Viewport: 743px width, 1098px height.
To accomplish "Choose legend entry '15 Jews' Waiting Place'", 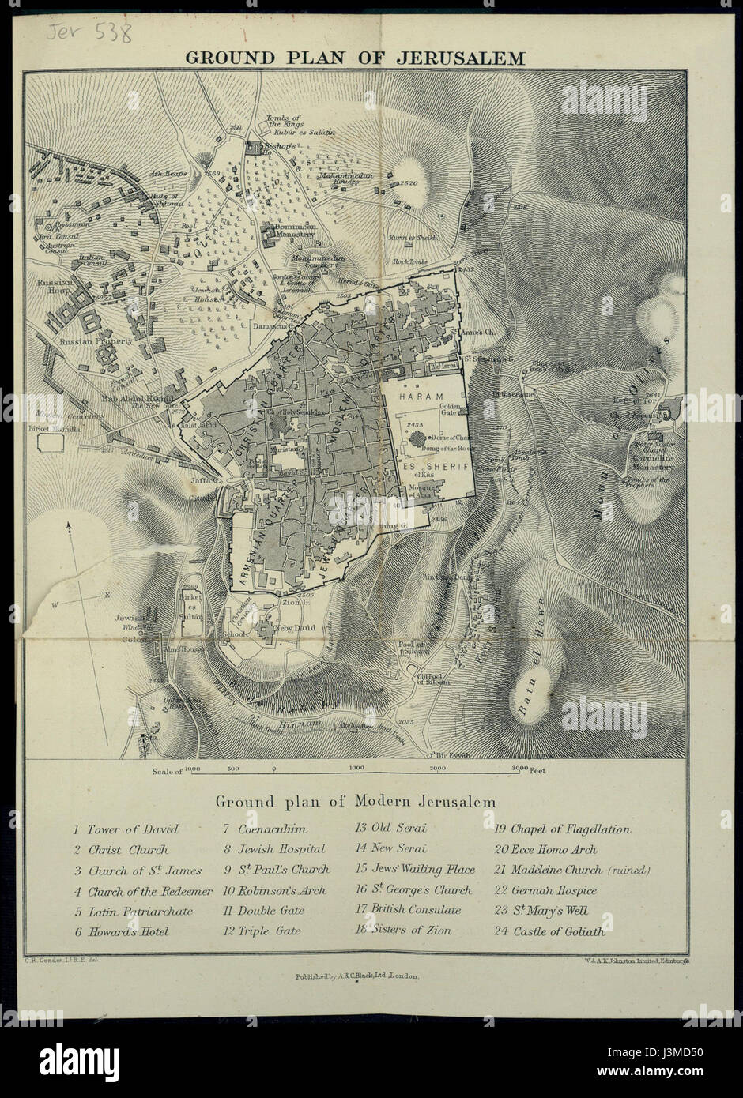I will (415, 870).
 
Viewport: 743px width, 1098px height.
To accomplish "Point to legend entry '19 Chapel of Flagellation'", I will (561, 829).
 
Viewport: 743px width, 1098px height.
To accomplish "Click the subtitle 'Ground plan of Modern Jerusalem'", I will (356, 801).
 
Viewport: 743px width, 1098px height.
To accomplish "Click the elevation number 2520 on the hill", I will (409, 182).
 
